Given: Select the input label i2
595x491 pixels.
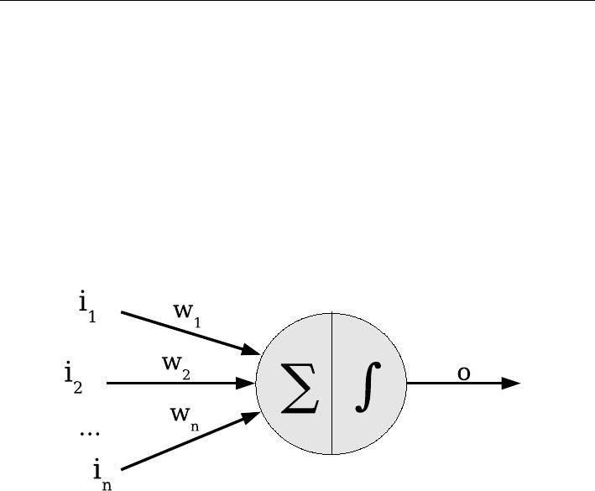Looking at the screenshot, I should [74, 378].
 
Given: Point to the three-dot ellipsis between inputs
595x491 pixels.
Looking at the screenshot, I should [89, 433].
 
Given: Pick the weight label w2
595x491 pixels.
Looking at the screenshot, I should [177, 366].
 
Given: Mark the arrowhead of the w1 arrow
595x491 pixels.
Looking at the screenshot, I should [251, 350].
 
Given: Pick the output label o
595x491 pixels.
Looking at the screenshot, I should [463, 373].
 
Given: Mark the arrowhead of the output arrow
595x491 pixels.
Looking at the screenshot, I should [511, 383].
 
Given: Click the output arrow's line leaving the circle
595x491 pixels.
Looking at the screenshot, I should [453, 383].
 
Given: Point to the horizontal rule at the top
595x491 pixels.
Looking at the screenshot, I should [297, 2].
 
